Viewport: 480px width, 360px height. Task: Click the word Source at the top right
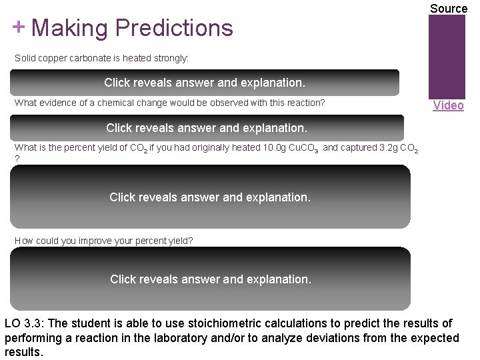click(x=448, y=9)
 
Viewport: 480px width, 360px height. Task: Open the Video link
click(x=448, y=105)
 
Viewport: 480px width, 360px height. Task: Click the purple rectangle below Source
click(x=447, y=57)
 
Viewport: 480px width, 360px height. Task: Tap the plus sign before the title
click(x=18, y=27)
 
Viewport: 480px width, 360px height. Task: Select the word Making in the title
click(x=69, y=28)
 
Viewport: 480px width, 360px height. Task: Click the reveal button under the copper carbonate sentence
click(x=205, y=83)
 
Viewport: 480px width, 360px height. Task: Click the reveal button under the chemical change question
click(x=207, y=127)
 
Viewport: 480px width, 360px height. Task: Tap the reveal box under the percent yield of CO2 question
click(x=210, y=197)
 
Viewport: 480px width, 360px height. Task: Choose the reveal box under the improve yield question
click(x=210, y=279)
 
